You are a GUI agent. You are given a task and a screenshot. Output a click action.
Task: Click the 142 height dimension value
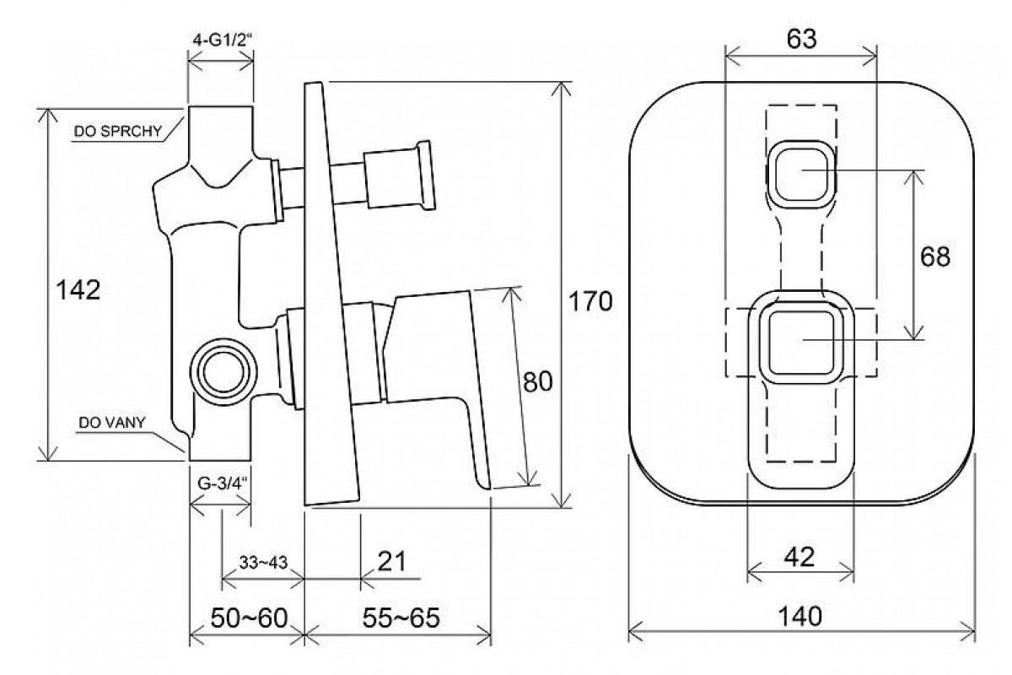tap(78, 289)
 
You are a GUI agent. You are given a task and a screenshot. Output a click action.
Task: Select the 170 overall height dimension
tap(590, 301)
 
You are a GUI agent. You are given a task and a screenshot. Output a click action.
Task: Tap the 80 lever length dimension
tap(537, 381)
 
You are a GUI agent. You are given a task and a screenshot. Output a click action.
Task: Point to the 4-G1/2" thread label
tap(221, 40)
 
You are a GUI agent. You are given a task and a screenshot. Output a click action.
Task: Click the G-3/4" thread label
tap(223, 483)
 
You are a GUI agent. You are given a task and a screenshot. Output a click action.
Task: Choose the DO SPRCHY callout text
tap(118, 131)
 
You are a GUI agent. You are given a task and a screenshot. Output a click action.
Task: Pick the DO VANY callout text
tap(112, 422)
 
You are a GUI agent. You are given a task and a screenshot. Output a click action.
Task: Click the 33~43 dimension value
tap(263, 562)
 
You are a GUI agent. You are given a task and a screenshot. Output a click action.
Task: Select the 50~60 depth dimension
tap(249, 618)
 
